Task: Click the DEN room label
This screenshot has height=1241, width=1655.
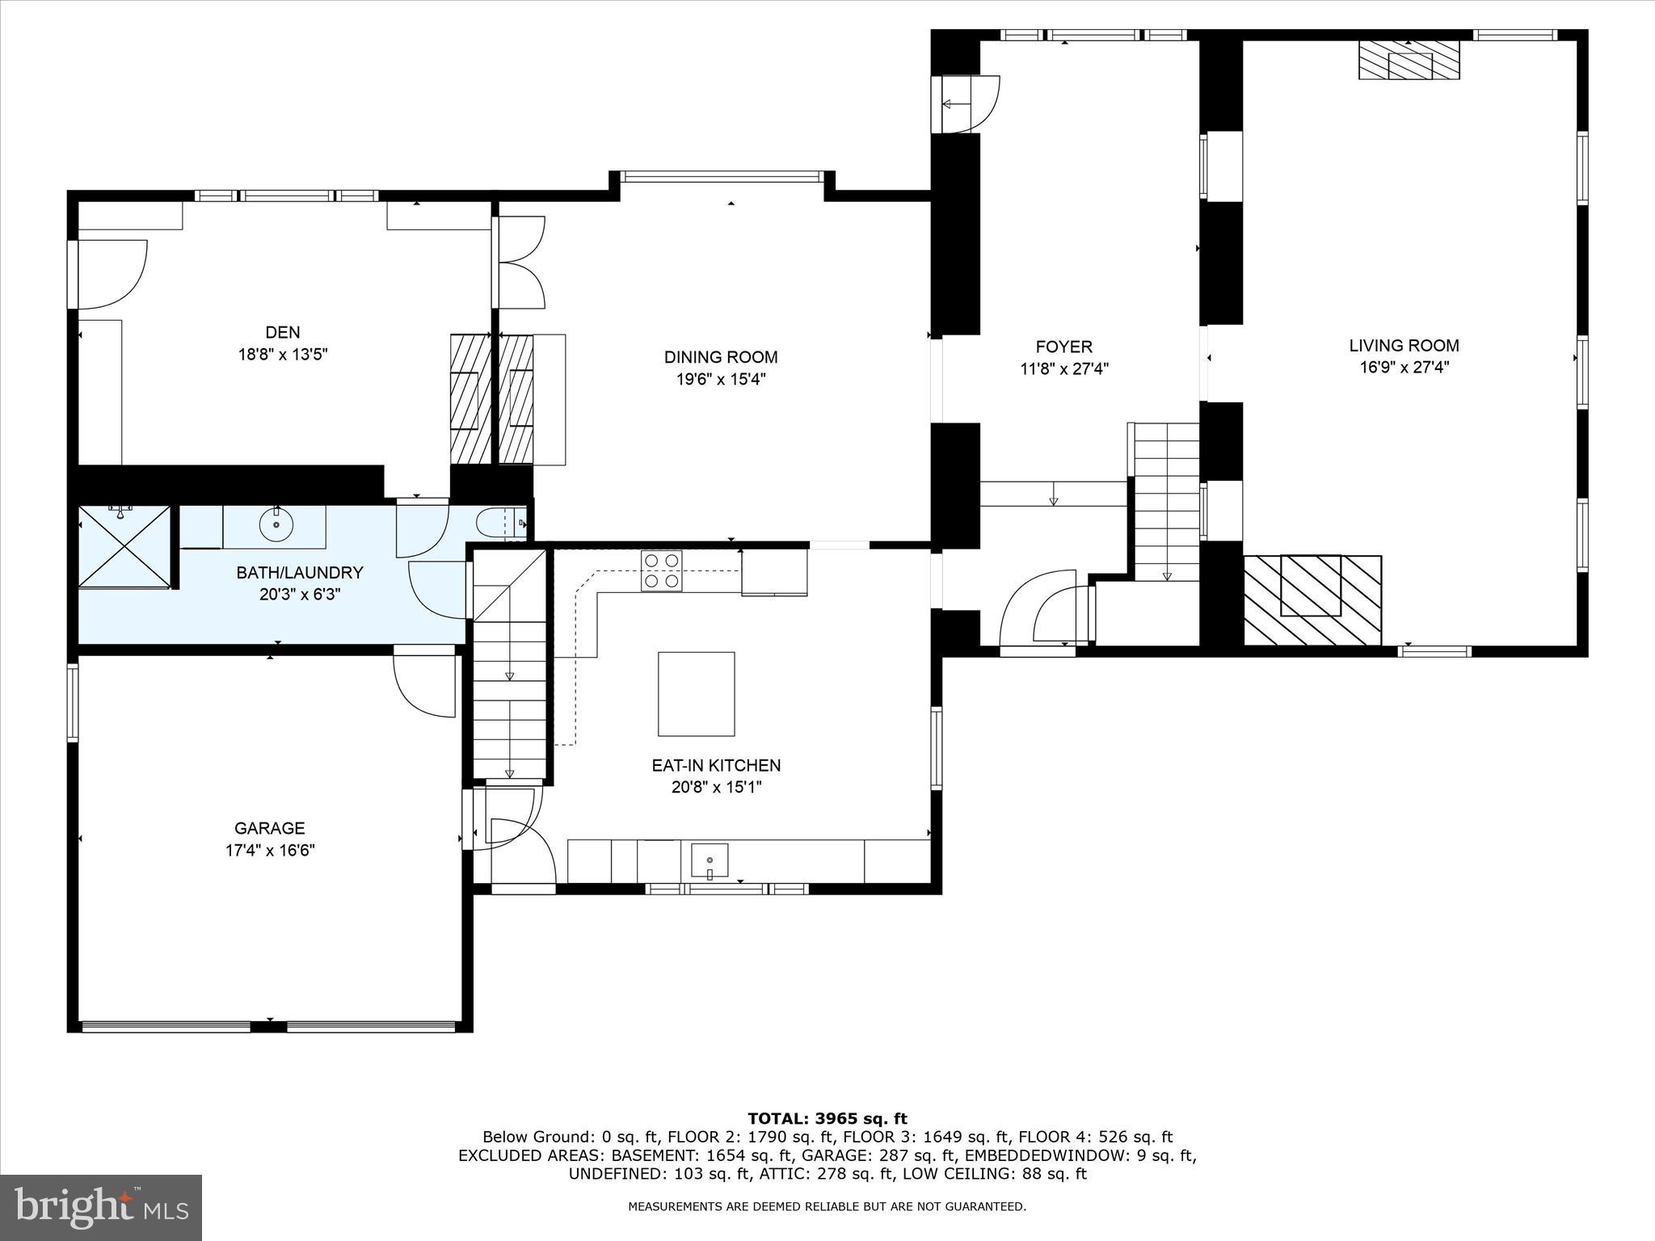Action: [x=282, y=332]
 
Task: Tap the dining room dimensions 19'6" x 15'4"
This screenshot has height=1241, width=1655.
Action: [x=721, y=379]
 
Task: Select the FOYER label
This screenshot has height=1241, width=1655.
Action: [x=1063, y=347]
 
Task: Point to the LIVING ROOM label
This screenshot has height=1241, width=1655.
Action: [x=1404, y=346]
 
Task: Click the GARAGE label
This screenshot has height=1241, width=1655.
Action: [x=269, y=828]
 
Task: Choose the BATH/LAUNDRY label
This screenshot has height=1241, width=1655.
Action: [x=299, y=573]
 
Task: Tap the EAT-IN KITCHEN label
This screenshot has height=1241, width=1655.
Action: [x=716, y=765]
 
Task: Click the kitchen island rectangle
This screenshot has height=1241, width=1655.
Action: [x=696, y=694]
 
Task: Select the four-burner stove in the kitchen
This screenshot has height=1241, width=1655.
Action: [x=661, y=570]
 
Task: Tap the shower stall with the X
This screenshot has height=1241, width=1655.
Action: [x=124, y=546]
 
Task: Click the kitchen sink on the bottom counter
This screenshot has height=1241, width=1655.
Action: [x=710, y=860]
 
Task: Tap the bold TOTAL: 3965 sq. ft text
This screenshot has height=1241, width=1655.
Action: [x=827, y=1119]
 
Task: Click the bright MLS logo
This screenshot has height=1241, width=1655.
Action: [x=101, y=1208]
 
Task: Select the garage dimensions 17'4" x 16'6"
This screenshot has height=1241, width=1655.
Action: [x=269, y=850]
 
